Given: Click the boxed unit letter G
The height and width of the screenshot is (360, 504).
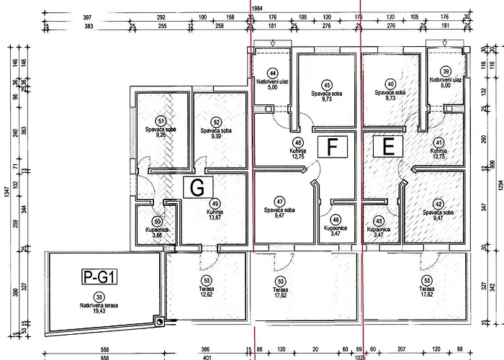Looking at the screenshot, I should click(194, 187).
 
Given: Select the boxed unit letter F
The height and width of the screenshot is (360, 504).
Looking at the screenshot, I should click(332, 146).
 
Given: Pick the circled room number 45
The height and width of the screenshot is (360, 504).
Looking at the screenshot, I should click(327, 84).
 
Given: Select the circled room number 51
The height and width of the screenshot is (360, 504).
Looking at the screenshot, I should click(161, 121).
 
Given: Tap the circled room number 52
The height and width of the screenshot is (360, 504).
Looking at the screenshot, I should click(215, 122).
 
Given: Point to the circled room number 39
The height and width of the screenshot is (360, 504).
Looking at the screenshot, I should click(446, 71).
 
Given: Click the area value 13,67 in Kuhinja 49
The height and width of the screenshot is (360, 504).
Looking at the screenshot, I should click(215, 219).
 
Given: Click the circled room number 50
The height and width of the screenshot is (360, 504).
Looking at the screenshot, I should click(158, 222).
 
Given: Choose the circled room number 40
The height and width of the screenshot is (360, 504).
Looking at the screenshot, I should click(390, 84).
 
